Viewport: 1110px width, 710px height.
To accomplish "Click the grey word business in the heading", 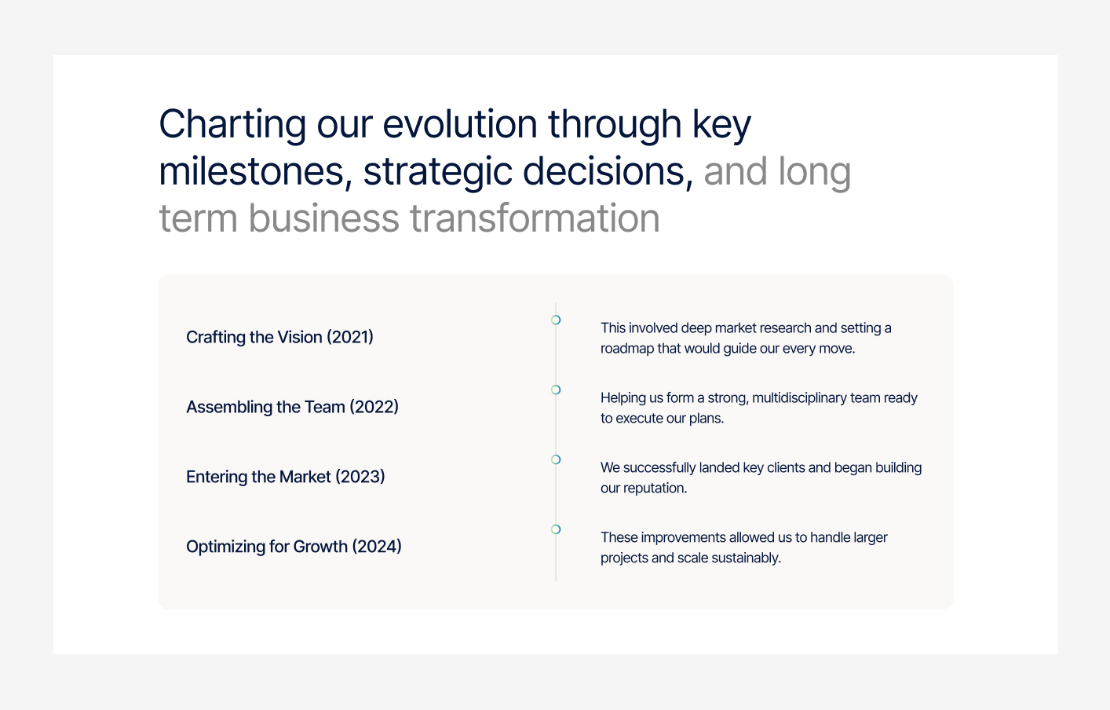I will pyautogui.click(x=323, y=218).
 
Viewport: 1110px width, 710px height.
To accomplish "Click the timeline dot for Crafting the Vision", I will pyautogui.click(x=556, y=320).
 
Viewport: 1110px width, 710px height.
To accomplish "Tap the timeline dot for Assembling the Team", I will pyautogui.click(x=556, y=390).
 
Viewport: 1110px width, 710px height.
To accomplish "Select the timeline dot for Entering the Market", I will pyautogui.click(x=556, y=459).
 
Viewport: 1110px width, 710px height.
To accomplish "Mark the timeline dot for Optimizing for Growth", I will pyautogui.click(x=556, y=529).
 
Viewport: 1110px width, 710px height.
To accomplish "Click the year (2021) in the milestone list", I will pyautogui.click(x=350, y=337).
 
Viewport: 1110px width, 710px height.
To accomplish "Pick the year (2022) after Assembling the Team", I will pyautogui.click(x=374, y=407).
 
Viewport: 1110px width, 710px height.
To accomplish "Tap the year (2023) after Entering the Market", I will pyautogui.click(x=360, y=477).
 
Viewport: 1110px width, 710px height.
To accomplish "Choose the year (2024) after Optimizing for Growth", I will pyautogui.click(x=377, y=547).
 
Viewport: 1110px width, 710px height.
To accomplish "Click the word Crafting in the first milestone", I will pyautogui.click(x=216, y=337).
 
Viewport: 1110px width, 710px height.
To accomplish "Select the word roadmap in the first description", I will pyautogui.click(x=627, y=349).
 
